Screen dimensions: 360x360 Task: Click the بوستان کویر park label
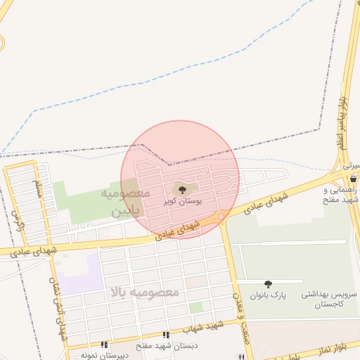click(x=183, y=200)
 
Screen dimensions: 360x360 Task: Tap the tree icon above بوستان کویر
click(x=183, y=189)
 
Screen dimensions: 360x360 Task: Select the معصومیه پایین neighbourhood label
click(x=127, y=200)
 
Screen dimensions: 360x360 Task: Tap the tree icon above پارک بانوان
click(x=268, y=284)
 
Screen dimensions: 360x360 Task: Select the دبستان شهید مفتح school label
click(x=167, y=346)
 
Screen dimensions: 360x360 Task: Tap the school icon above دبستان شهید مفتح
click(x=167, y=335)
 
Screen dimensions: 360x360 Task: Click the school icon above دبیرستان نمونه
click(x=103, y=345)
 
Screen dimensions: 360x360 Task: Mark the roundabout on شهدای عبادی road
click(x=221, y=217)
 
